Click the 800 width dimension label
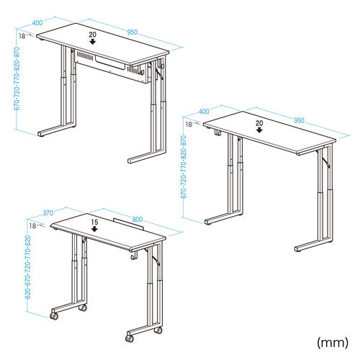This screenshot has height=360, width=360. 137,220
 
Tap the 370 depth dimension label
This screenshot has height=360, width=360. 48,213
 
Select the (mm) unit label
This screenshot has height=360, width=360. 333,342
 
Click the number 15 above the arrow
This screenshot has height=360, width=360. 94,222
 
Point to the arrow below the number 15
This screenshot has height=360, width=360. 95,229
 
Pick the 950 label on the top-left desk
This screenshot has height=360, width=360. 132,32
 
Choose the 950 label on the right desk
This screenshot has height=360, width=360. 299,120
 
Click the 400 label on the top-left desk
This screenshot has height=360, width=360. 37,23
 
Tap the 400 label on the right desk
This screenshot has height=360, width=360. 204,112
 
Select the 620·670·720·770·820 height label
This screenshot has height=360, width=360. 28,267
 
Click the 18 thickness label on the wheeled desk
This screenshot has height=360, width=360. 32,225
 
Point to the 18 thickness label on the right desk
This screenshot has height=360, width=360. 189,125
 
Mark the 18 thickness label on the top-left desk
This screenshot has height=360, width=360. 22,36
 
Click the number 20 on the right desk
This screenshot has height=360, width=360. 259,123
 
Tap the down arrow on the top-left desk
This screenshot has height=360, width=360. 93,42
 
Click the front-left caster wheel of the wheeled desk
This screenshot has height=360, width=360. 54,316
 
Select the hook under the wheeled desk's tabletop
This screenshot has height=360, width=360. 133,256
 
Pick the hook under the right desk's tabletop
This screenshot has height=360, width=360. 218,132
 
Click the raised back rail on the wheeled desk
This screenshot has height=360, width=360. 128,224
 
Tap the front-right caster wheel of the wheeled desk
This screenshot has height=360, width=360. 130,338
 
